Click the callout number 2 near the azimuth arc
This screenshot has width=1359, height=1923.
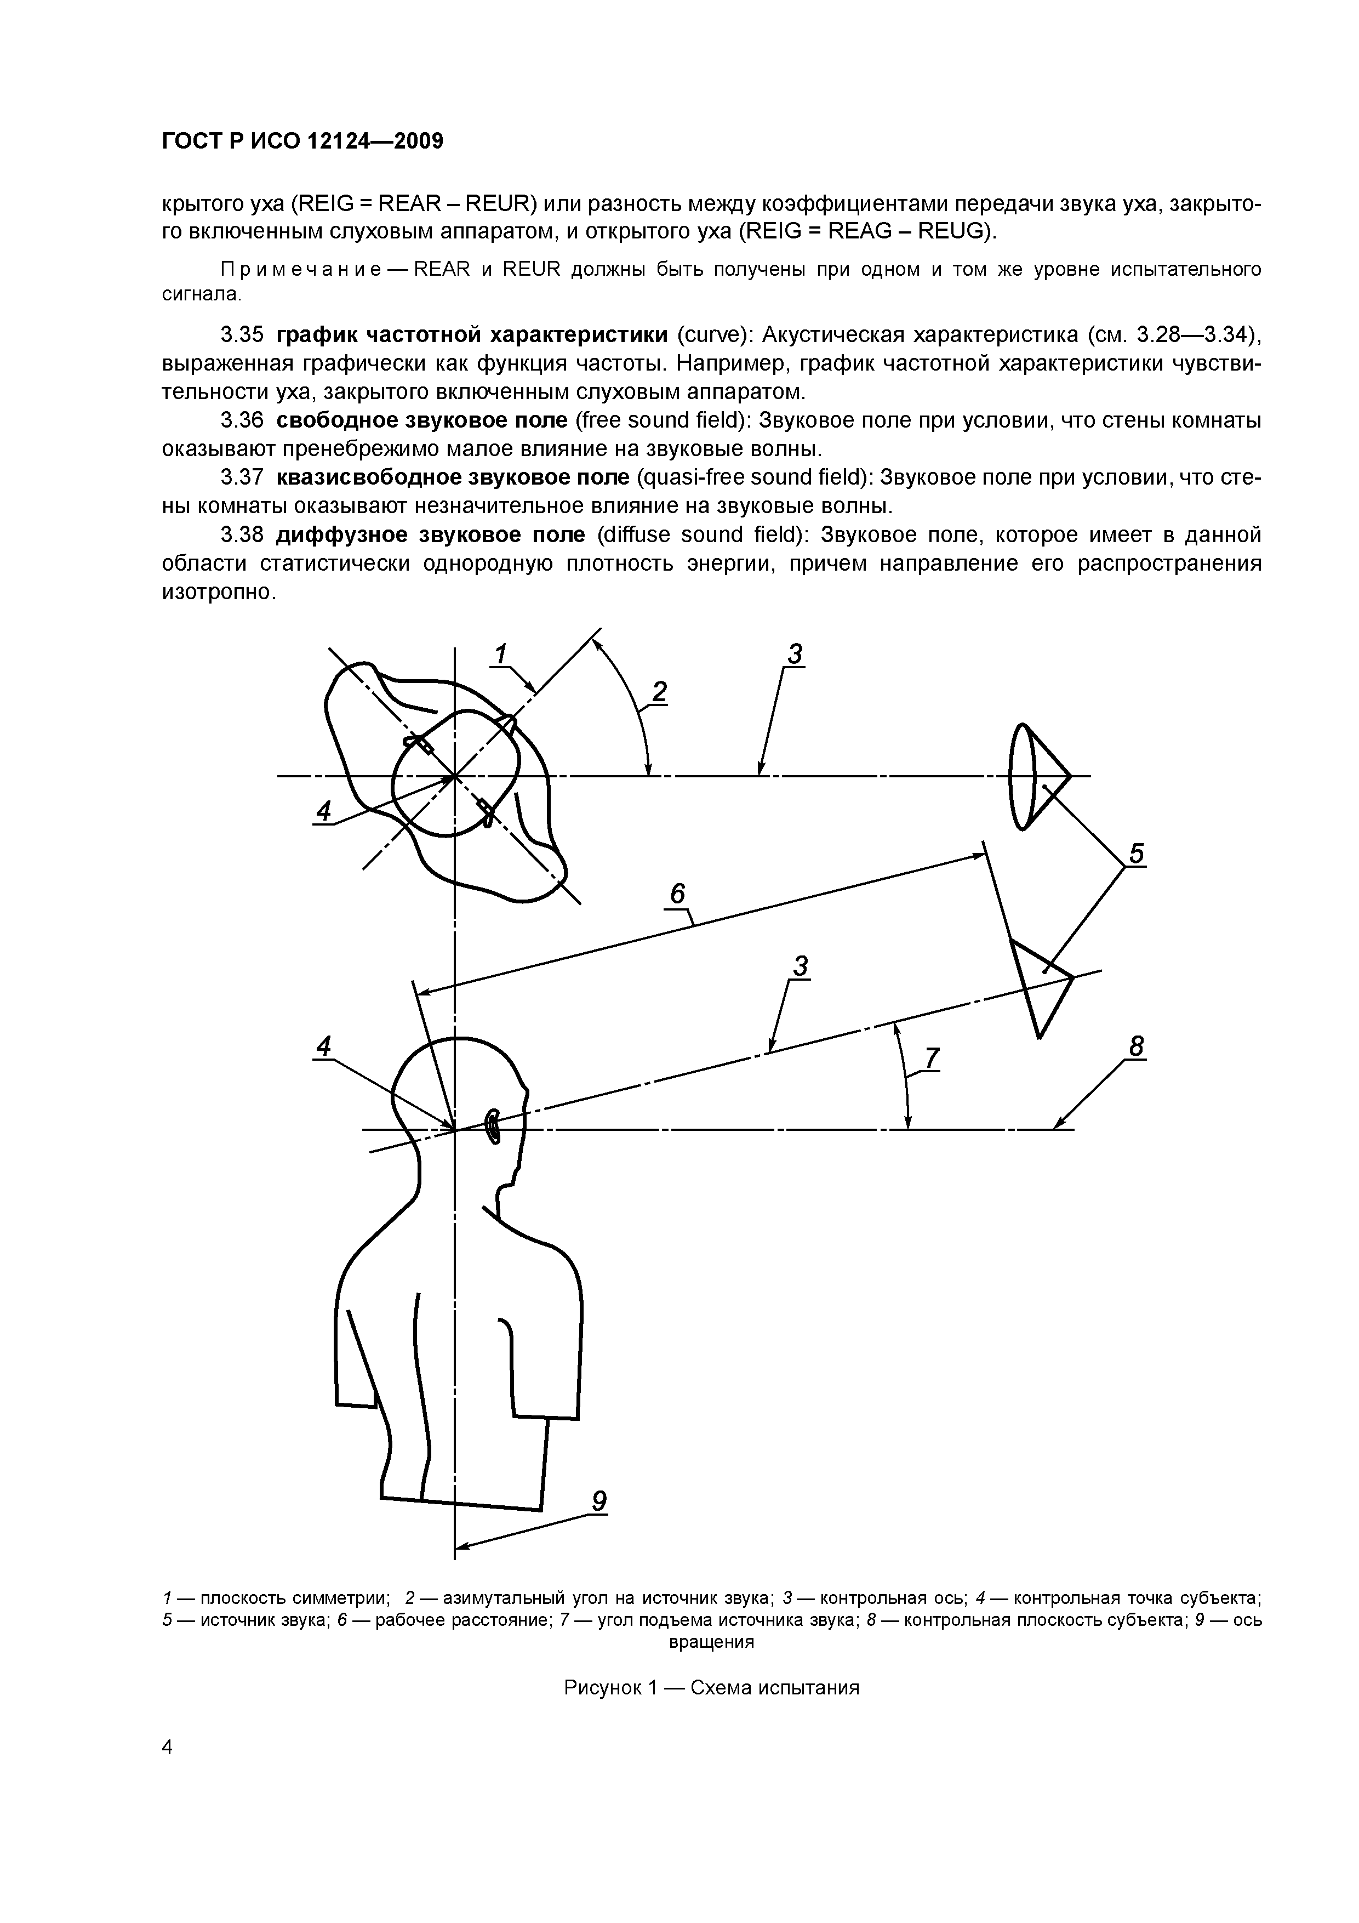(x=660, y=692)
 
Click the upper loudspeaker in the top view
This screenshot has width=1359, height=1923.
(x=1039, y=776)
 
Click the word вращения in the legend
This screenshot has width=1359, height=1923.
(x=712, y=1642)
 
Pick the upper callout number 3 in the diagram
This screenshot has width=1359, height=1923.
(x=795, y=653)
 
